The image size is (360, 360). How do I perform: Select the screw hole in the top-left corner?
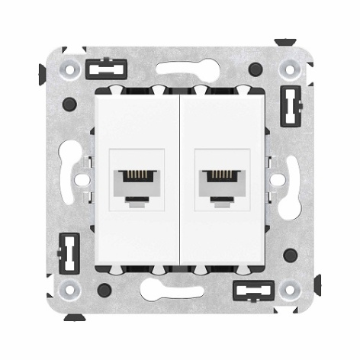click(69, 69)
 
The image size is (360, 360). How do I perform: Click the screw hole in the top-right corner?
click(289, 69)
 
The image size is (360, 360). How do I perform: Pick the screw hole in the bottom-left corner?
click(69, 289)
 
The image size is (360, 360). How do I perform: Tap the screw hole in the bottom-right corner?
click(289, 289)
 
